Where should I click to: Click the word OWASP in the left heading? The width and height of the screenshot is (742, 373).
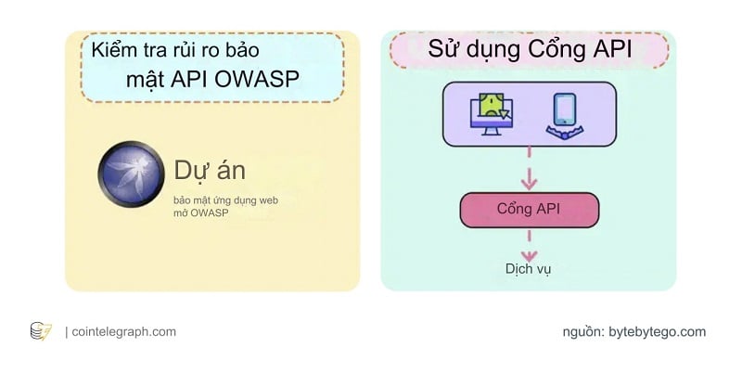click(x=256, y=79)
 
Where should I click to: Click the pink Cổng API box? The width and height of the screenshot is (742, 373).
click(x=529, y=209)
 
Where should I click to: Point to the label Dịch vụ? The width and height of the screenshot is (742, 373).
click(x=529, y=268)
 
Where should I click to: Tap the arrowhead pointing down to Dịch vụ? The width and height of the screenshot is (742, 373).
click(x=529, y=251)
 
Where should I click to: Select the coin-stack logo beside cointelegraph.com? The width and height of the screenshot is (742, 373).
click(x=41, y=331)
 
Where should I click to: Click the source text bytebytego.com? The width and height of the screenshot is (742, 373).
click(x=657, y=331)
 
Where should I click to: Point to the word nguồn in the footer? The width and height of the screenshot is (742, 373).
click(x=582, y=331)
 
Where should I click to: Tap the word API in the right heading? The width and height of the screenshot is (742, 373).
click(x=608, y=50)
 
